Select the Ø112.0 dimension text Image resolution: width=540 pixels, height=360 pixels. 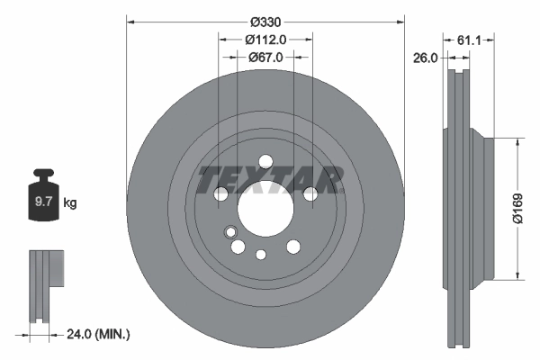pos(265,40)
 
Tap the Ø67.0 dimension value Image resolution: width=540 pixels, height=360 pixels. pos(265,57)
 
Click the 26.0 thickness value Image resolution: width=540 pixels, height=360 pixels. pos(425,58)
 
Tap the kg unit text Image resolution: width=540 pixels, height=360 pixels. pos(69,203)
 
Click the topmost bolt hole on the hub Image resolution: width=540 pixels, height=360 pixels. pos(265,162)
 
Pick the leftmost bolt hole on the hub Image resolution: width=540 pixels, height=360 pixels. pos(221,193)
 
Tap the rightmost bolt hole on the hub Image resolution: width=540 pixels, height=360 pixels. pos(310,193)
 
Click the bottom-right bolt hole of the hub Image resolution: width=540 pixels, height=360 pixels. pos(293,247)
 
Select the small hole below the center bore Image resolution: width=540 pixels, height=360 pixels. pos(261,254)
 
